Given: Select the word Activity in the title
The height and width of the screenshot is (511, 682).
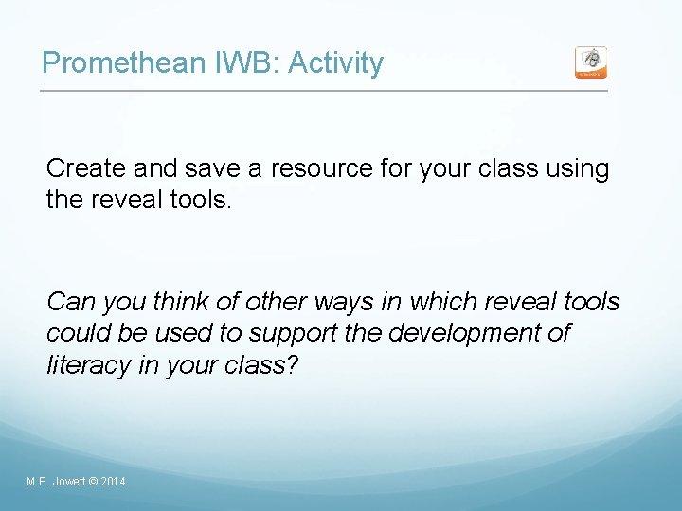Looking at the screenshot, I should pos(335,63).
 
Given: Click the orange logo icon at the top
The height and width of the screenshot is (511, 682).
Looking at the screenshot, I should pos(591,62).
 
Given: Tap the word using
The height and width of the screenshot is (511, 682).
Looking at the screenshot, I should pos(579,169).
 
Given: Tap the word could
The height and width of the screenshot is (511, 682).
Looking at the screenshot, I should pos(74,334).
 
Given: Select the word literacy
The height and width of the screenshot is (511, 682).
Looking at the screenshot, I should pos(83,366).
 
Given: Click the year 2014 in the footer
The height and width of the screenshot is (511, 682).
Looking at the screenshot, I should pos(112,483).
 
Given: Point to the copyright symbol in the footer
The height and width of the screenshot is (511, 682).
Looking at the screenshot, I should pos(92,483).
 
